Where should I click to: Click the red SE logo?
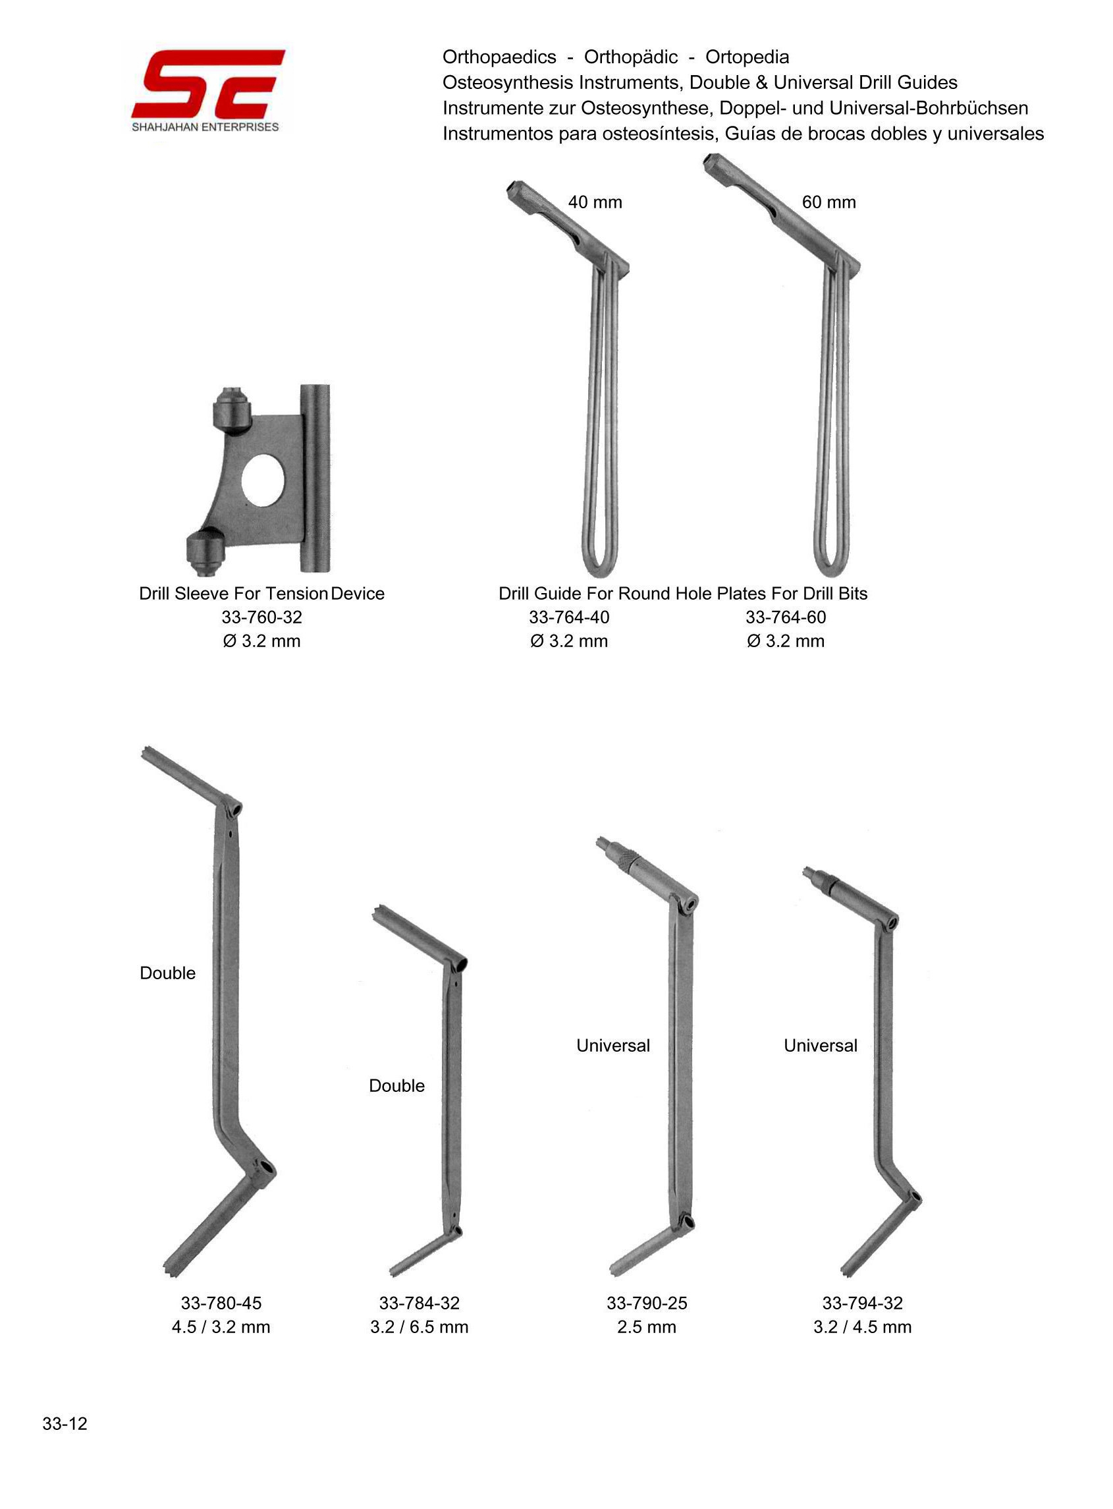[x=207, y=84]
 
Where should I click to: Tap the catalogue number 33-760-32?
[x=261, y=617]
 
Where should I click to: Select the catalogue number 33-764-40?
[x=568, y=617]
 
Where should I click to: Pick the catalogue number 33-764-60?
[x=786, y=617]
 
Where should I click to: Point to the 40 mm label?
[x=595, y=202]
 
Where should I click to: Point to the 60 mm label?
[x=828, y=202]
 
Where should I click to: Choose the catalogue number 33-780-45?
[x=221, y=1303]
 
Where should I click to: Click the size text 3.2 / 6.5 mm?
[x=419, y=1327]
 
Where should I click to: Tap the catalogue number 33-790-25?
[x=647, y=1303]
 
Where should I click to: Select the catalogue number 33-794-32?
[x=862, y=1303]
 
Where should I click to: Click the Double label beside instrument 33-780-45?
[x=168, y=973]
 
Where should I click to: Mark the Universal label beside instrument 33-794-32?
[x=821, y=1045]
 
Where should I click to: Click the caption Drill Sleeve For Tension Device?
[x=261, y=594]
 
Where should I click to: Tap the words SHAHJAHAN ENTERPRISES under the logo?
[x=205, y=127]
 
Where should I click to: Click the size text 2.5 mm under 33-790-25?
[x=647, y=1327]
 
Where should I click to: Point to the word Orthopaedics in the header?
[x=499, y=57]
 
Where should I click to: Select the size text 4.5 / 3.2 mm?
[x=221, y=1327]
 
